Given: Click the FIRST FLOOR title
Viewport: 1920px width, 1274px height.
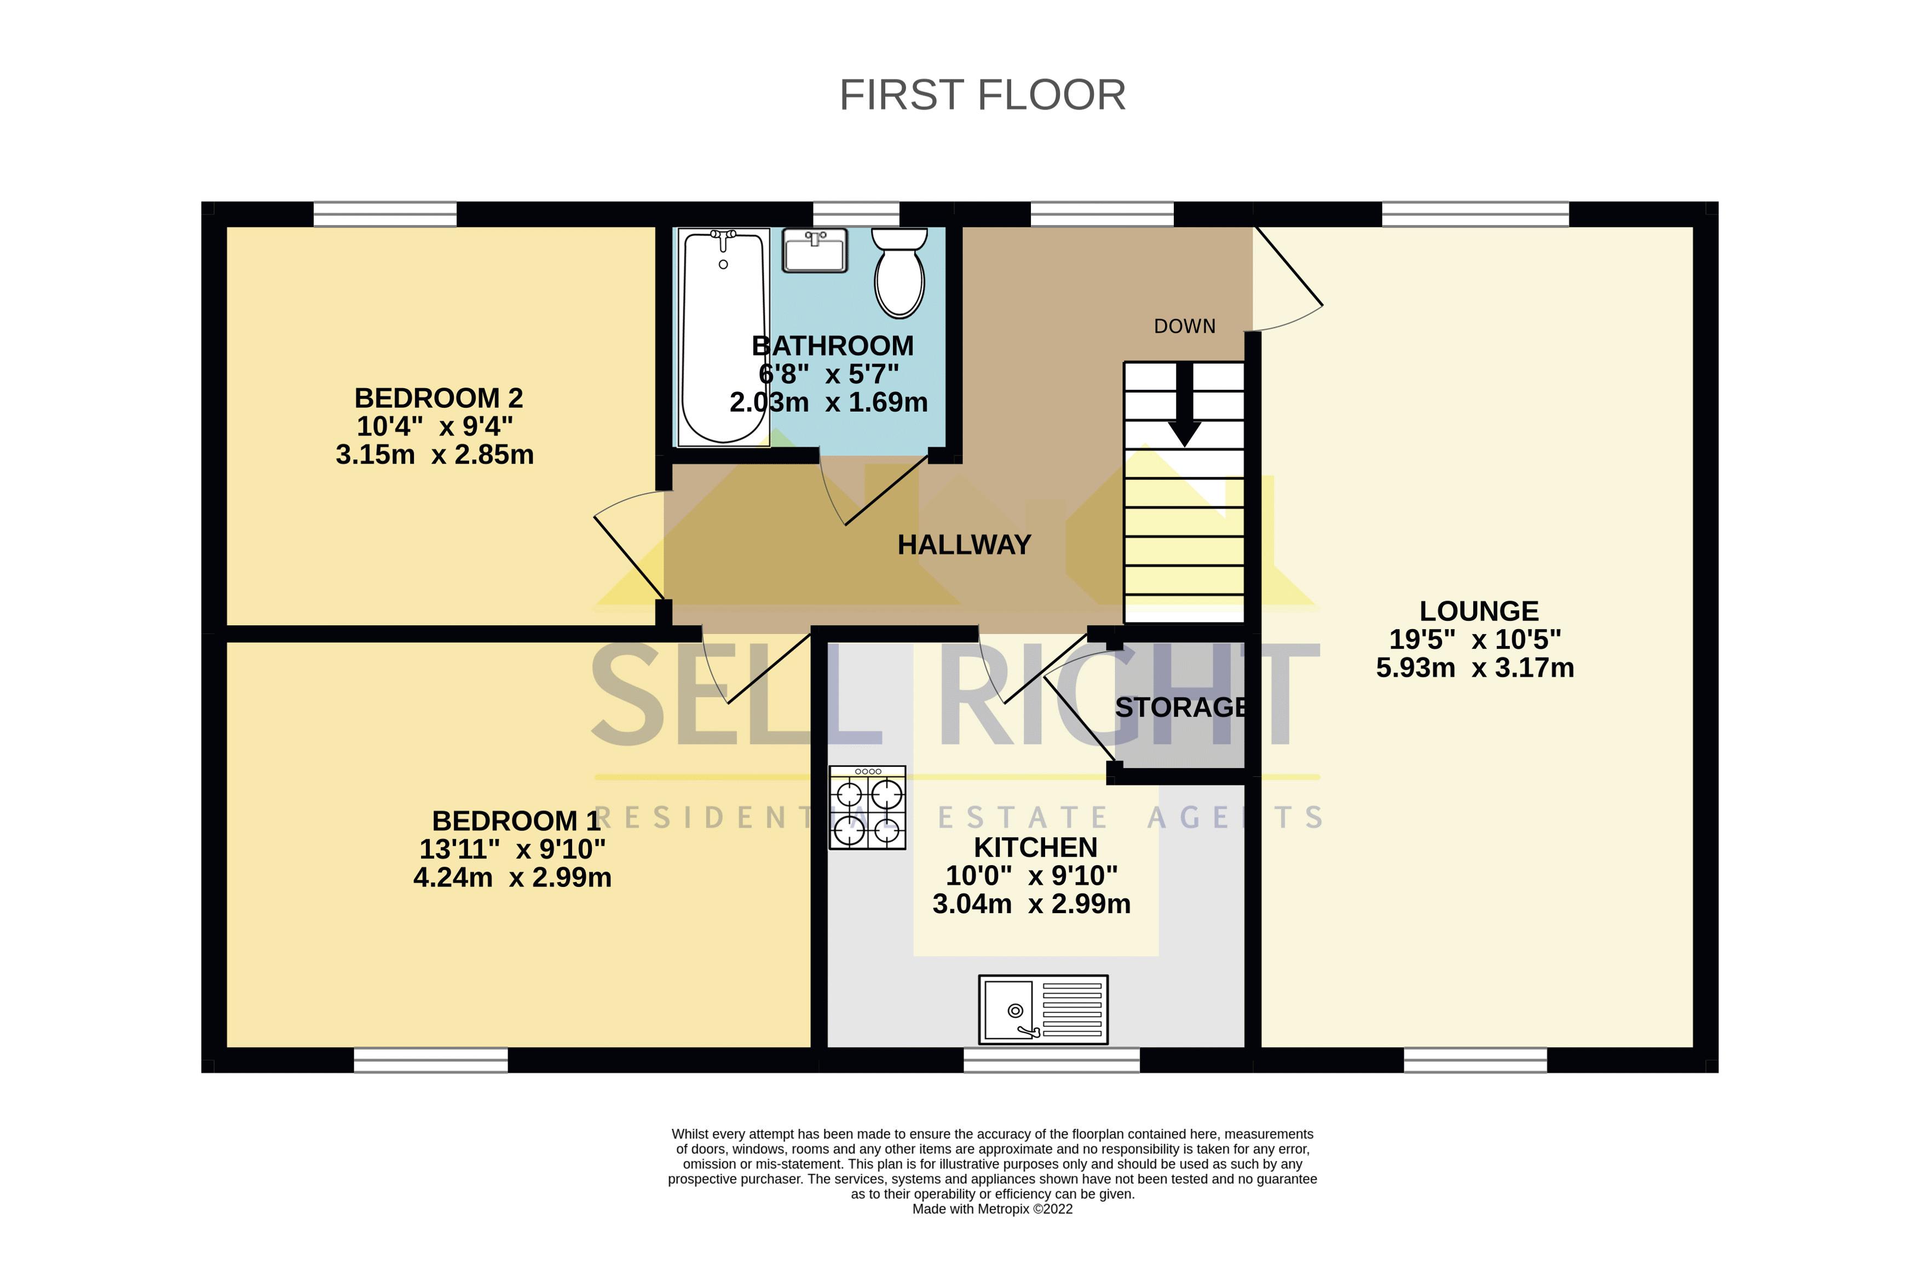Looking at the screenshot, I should coord(982,95).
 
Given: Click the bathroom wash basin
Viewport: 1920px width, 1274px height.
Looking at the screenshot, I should coord(815,250).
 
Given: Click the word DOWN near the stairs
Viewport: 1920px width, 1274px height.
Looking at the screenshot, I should coord(1184,327).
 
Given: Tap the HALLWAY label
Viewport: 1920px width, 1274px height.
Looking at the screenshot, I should coord(964,544).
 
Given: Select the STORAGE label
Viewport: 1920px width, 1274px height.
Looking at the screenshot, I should coord(1180,708).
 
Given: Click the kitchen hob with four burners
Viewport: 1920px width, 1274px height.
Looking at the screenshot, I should coord(867,808).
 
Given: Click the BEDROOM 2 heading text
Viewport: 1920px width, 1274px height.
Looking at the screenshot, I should coord(438,398).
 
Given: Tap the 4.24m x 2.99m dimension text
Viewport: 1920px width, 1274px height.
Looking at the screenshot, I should coord(512,878).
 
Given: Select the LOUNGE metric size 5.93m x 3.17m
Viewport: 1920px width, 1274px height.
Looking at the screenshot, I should coord(1474,668).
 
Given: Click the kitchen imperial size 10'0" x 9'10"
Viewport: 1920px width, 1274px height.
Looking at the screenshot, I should coord(1031,876).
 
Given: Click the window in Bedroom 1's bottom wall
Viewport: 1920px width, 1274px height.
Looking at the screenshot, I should coord(431,1060).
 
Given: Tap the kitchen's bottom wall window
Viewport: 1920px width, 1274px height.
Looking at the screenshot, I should coord(1051,1060).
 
